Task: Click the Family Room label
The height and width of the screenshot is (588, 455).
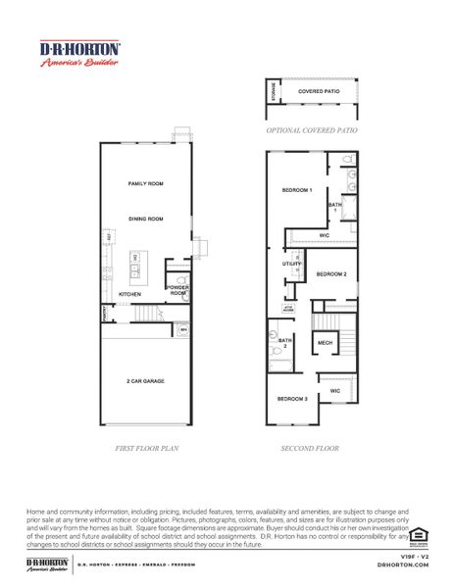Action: click(145, 183)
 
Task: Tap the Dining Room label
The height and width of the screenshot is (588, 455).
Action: click(145, 219)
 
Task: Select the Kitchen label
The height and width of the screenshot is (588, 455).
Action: click(130, 294)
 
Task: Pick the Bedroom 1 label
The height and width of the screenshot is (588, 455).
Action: click(297, 189)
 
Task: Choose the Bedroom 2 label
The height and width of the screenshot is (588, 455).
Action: click(331, 274)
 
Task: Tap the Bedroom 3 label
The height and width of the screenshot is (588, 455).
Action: click(291, 399)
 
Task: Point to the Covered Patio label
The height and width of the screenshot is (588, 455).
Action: click(317, 91)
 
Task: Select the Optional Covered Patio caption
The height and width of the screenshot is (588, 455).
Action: click(313, 128)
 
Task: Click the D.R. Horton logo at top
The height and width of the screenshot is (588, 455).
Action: click(79, 53)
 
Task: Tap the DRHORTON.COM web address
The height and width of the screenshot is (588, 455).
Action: click(402, 565)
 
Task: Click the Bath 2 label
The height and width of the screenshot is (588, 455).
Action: click(285, 342)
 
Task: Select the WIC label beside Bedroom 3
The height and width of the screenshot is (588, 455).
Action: click(334, 390)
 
